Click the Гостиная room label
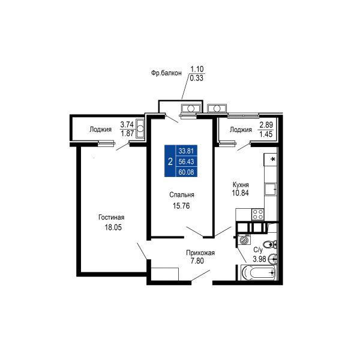112,217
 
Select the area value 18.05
113,227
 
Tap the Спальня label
182,194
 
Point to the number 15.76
181,206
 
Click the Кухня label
241,185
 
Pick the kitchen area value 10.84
241,193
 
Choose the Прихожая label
200,253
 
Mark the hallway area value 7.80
197,261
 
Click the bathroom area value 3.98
259,259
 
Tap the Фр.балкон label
166,73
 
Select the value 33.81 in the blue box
186,151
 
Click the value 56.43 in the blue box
186,161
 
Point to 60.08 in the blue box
186,172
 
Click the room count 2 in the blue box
170,162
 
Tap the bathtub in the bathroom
258,273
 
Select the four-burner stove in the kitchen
258,215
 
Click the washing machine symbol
244,240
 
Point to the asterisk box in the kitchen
270,160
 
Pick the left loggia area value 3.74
127,125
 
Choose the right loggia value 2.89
266,125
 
